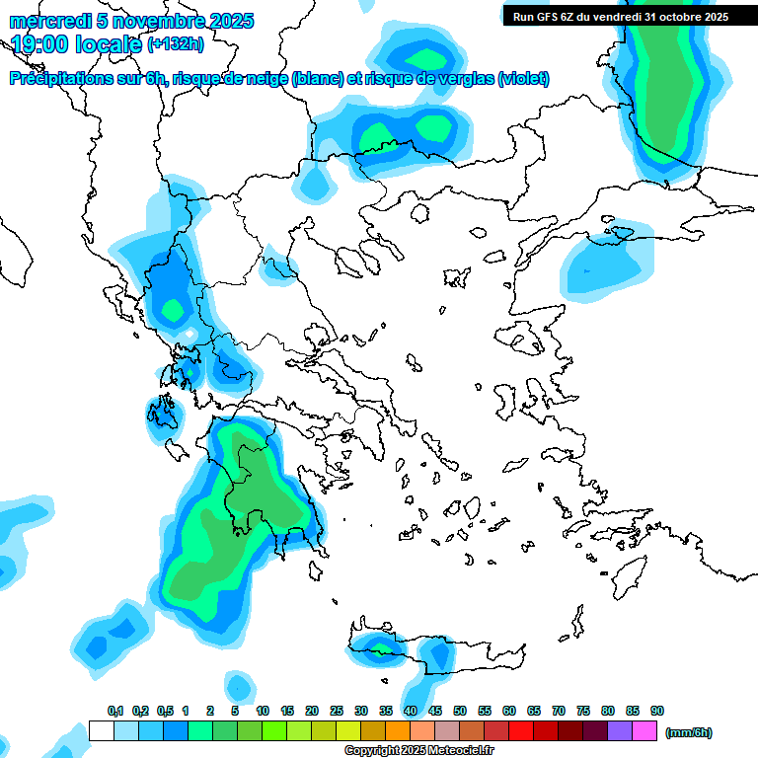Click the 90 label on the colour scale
point(657,711)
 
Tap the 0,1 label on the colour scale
point(115,711)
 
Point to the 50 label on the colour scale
point(460,711)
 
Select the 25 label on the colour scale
point(337,711)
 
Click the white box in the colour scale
point(101,731)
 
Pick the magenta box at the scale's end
point(644,731)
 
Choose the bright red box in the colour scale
point(521,731)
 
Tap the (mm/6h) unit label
point(689,732)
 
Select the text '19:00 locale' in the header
point(77,43)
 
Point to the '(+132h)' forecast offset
point(176,43)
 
